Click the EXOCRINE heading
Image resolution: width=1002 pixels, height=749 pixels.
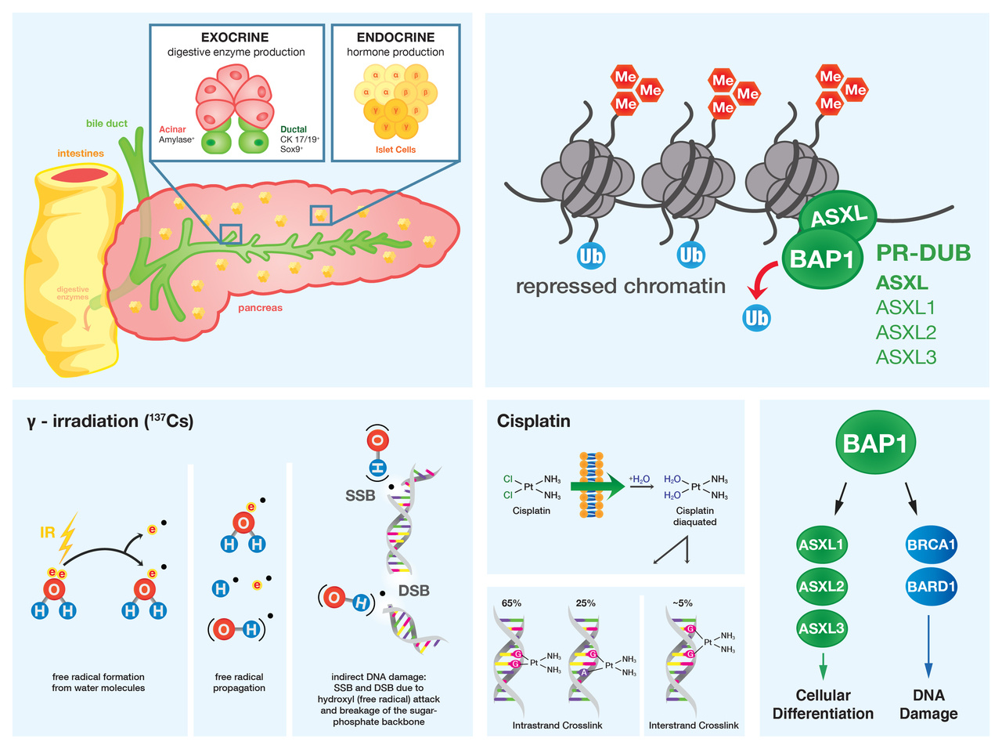click(x=235, y=38)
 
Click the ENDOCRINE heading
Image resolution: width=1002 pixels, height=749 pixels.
click(x=395, y=38)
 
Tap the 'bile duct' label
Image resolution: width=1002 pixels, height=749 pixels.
click(x=106, y=123)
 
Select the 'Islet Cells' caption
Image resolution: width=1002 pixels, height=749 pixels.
click(x=395, y=150)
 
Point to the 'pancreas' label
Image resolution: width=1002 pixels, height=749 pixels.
click(x=260, y=308)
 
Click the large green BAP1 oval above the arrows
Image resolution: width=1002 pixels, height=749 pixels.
click(x=874, y=443)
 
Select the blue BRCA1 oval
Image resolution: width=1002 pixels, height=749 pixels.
click(x=931, y=545)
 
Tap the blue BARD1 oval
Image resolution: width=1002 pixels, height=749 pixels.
click(x=931, y=586)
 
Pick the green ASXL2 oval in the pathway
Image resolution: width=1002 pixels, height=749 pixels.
click(x=821, y=586)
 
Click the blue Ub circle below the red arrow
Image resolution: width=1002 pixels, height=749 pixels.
click(x=756, y=317)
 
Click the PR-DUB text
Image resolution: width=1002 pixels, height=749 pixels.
click(x=923, y=253)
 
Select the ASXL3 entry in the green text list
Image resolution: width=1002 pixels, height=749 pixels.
click(x=906, y=357)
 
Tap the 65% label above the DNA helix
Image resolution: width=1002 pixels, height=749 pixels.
click(x=511, y=603)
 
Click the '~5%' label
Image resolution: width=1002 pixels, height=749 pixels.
click(x=682, y=603)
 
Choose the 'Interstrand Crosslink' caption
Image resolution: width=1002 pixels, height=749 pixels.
click(x=694, y=725)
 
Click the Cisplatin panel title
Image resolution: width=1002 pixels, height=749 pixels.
click(x=534, y=422)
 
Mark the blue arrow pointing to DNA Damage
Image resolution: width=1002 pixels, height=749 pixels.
click(x=928, y=646)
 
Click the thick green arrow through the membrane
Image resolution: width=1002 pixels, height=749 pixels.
click(x=598, y=487)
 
